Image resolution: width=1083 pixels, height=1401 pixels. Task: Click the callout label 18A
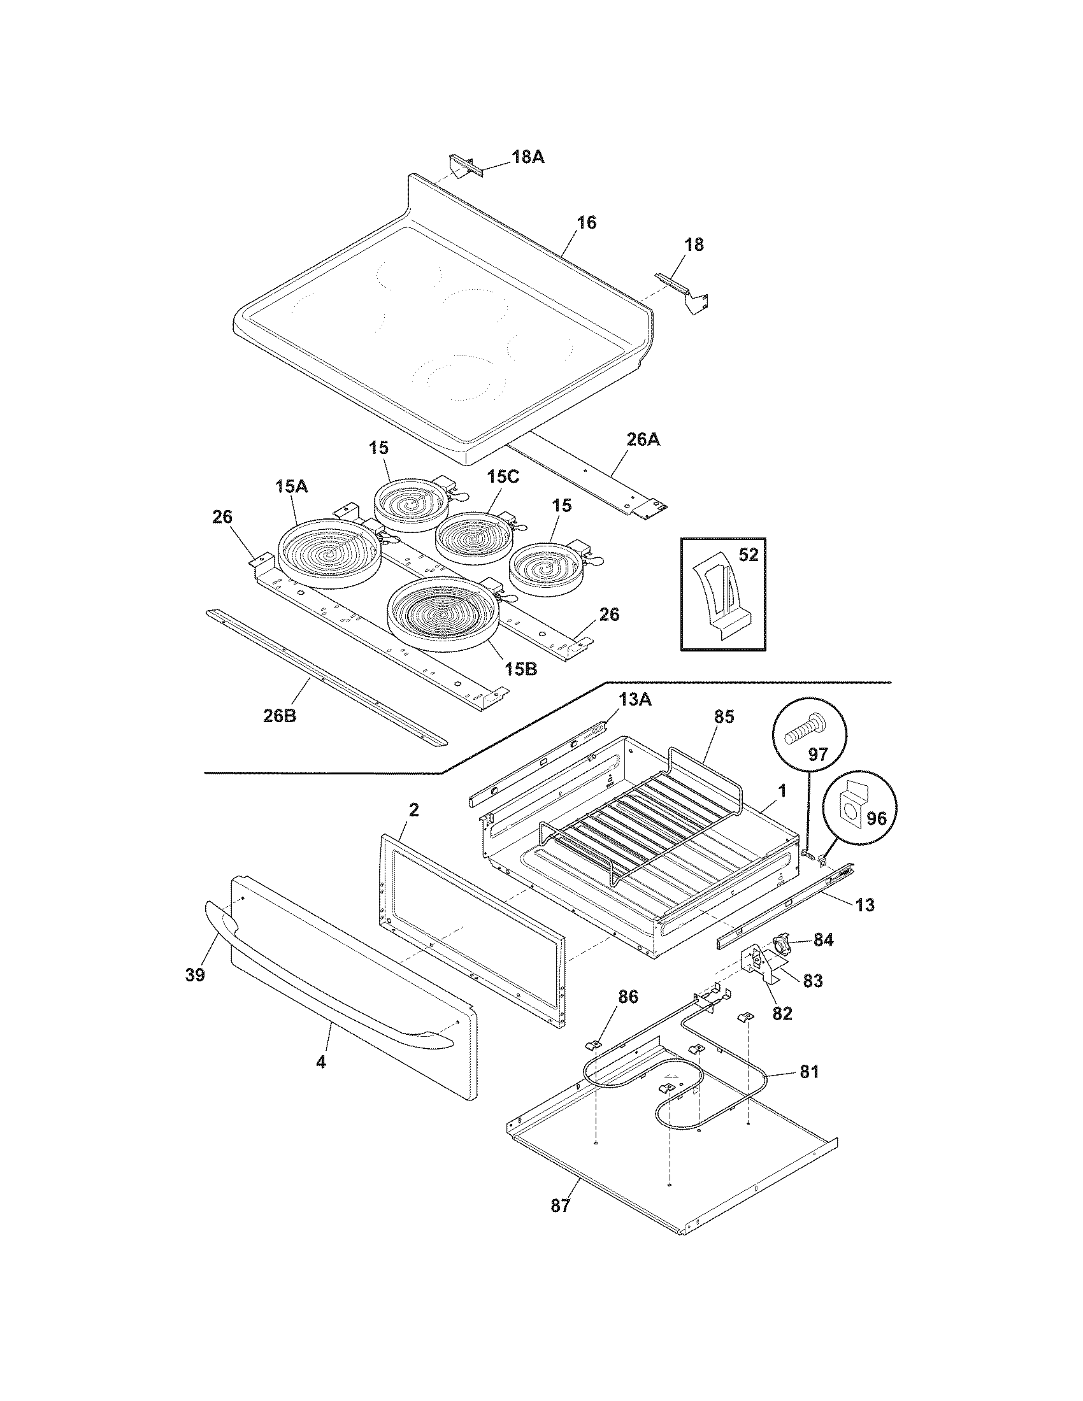point(527,157)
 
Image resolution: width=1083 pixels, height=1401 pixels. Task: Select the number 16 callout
point(586,223)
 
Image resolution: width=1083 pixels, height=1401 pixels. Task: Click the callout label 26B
point(280,716)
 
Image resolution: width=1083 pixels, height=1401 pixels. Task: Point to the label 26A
point(643,440)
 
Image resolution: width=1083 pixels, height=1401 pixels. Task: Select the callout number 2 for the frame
point(414,811)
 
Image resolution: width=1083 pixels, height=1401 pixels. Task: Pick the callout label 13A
point(635,699)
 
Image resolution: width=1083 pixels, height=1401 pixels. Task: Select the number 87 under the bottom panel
point(560,1207)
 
